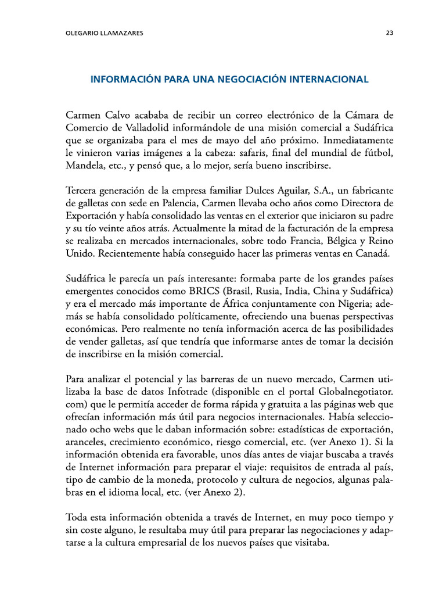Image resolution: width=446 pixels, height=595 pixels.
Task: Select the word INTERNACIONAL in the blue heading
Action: pyautogui.click(x=331, y=79)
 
